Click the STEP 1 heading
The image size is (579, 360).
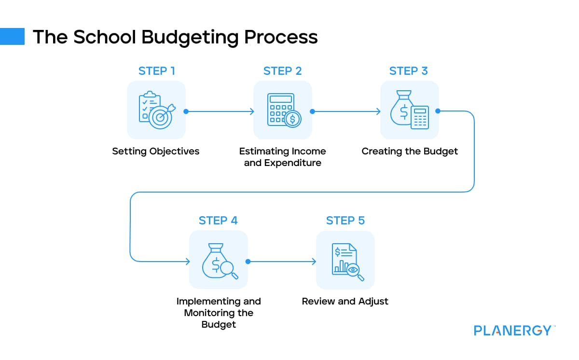(x=156, y=71)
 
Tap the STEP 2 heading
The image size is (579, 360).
(x=282, y=71)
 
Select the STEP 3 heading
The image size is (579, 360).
(x=408, y=71)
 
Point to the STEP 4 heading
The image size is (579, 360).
(x=218, y=221)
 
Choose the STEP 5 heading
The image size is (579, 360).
(x=345, y=221)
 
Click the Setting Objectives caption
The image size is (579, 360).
(x=156, y=151)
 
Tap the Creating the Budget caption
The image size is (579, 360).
(x=410, y=151)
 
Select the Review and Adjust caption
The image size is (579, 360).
(x=345, y=301)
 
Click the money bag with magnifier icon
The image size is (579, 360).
(x=219, y=260)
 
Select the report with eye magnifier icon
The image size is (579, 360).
(x=345, y=260)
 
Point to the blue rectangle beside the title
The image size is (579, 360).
(x=12, y=37)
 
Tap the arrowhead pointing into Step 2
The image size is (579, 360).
(x=251, y=111)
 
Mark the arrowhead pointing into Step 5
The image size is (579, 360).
(x=314, y=262)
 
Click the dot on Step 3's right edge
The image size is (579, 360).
(x=438, y=111)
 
